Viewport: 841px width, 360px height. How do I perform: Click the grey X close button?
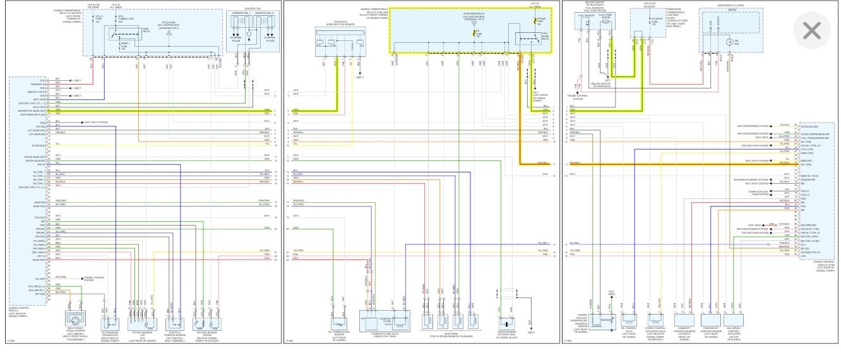[811, 30]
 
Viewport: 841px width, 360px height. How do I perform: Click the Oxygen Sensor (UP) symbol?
[142, 319]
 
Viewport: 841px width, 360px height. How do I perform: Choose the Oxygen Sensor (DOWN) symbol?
[207, 320]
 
